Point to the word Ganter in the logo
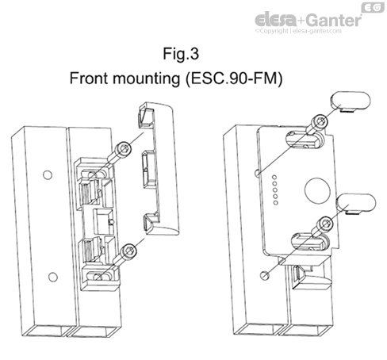click(333, 17)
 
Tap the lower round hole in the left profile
click(53, 275)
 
